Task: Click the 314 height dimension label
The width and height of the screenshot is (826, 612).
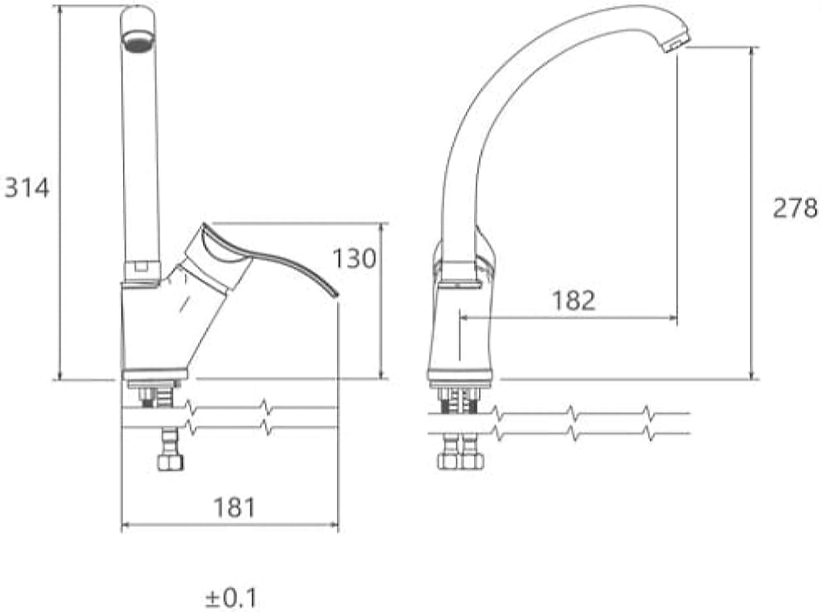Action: tap(27, 187)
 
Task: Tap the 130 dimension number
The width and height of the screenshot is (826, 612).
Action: tap(354, 258)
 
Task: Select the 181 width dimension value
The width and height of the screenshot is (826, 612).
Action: tap(235, 508)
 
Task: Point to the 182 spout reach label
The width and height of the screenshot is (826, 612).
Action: tap(574, 300)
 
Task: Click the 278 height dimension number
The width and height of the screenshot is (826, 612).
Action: tap(795, 207)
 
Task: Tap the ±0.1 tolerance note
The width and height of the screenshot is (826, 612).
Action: tap(231, 598)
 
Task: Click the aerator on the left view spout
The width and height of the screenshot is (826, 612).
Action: tap(138, 41)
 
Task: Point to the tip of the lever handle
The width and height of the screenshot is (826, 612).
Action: tap(335, 296)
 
